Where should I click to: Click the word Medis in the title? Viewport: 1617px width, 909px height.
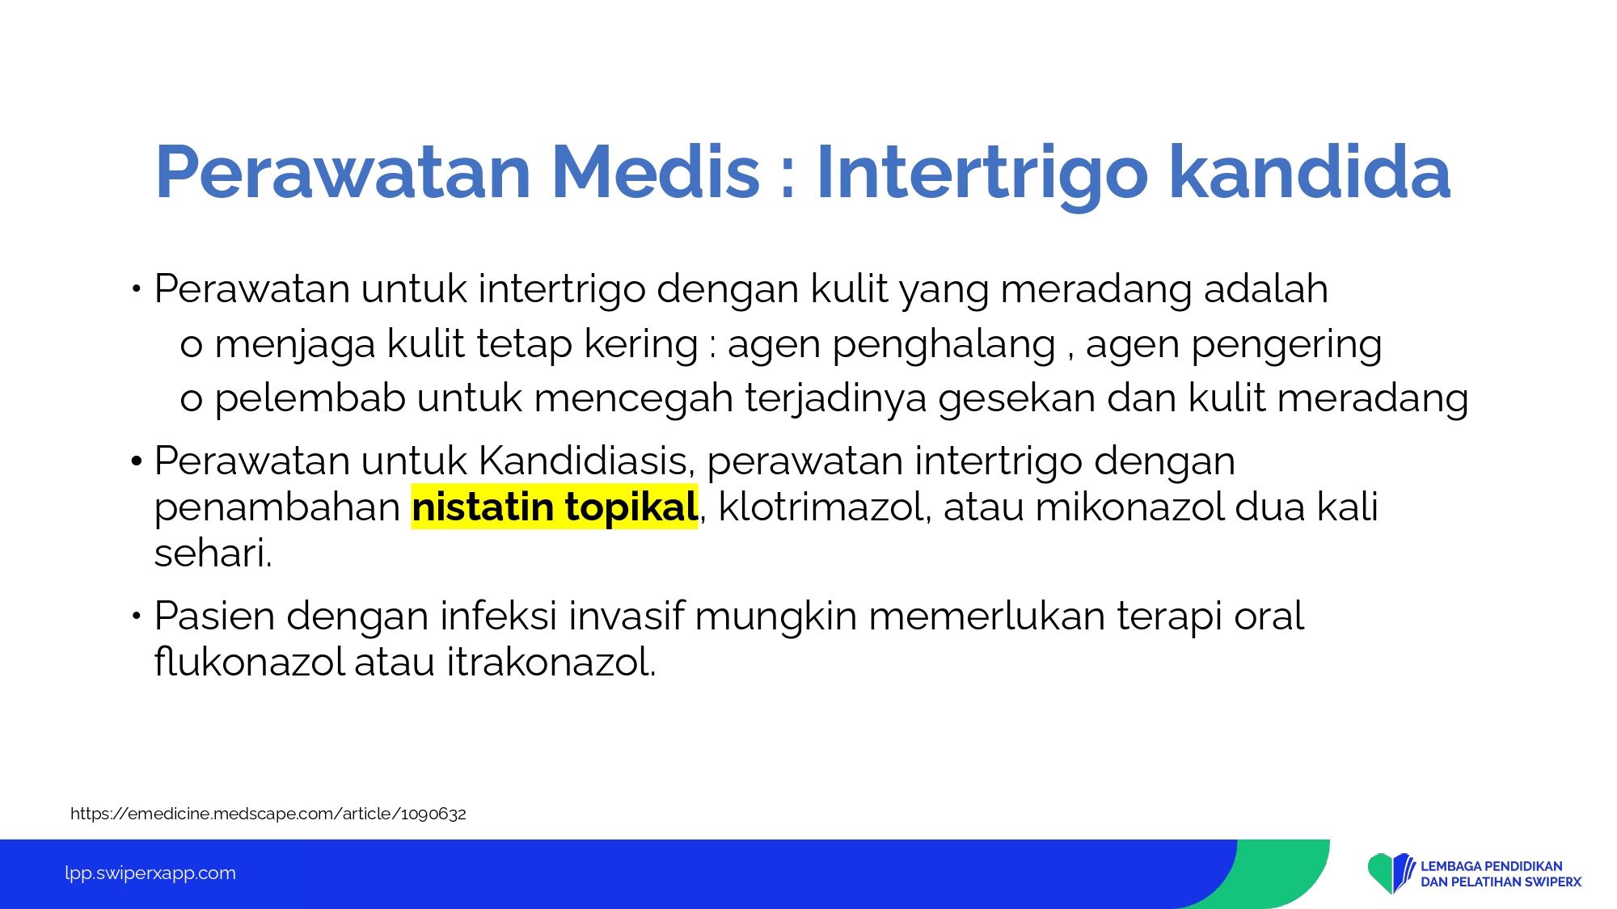click(656, 171)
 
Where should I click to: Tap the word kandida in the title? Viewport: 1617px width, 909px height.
click(1310, 171)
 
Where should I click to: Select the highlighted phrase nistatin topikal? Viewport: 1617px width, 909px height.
click(555, 507)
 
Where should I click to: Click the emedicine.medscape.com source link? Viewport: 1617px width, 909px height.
click(268, 814)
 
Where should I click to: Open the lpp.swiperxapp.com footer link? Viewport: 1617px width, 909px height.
click(150, 873)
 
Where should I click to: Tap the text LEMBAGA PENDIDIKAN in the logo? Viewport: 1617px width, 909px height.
click(1492, 866)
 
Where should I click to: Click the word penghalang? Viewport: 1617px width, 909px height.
click(944, 344)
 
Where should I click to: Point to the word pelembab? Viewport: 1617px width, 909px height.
click(310, 398)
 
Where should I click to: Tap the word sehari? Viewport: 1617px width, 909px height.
click(213, 553)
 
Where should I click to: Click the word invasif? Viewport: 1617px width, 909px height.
click(627, 616)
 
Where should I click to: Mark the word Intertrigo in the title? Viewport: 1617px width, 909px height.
click(982, 173)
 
